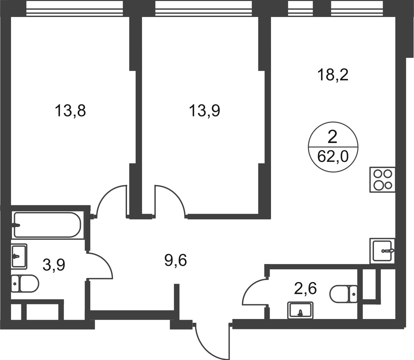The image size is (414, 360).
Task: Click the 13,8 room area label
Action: pos(70,111)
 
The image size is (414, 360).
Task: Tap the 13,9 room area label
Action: pos(204,111)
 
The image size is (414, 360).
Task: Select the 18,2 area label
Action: pos(333,75)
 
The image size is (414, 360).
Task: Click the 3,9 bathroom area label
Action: pos(54,265)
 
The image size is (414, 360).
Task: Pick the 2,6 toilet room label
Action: pos(305,288)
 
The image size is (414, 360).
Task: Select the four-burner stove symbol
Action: pos(382,180)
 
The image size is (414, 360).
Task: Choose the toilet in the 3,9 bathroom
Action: pos(25,283)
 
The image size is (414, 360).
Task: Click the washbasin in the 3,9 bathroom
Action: pos(19,256)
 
